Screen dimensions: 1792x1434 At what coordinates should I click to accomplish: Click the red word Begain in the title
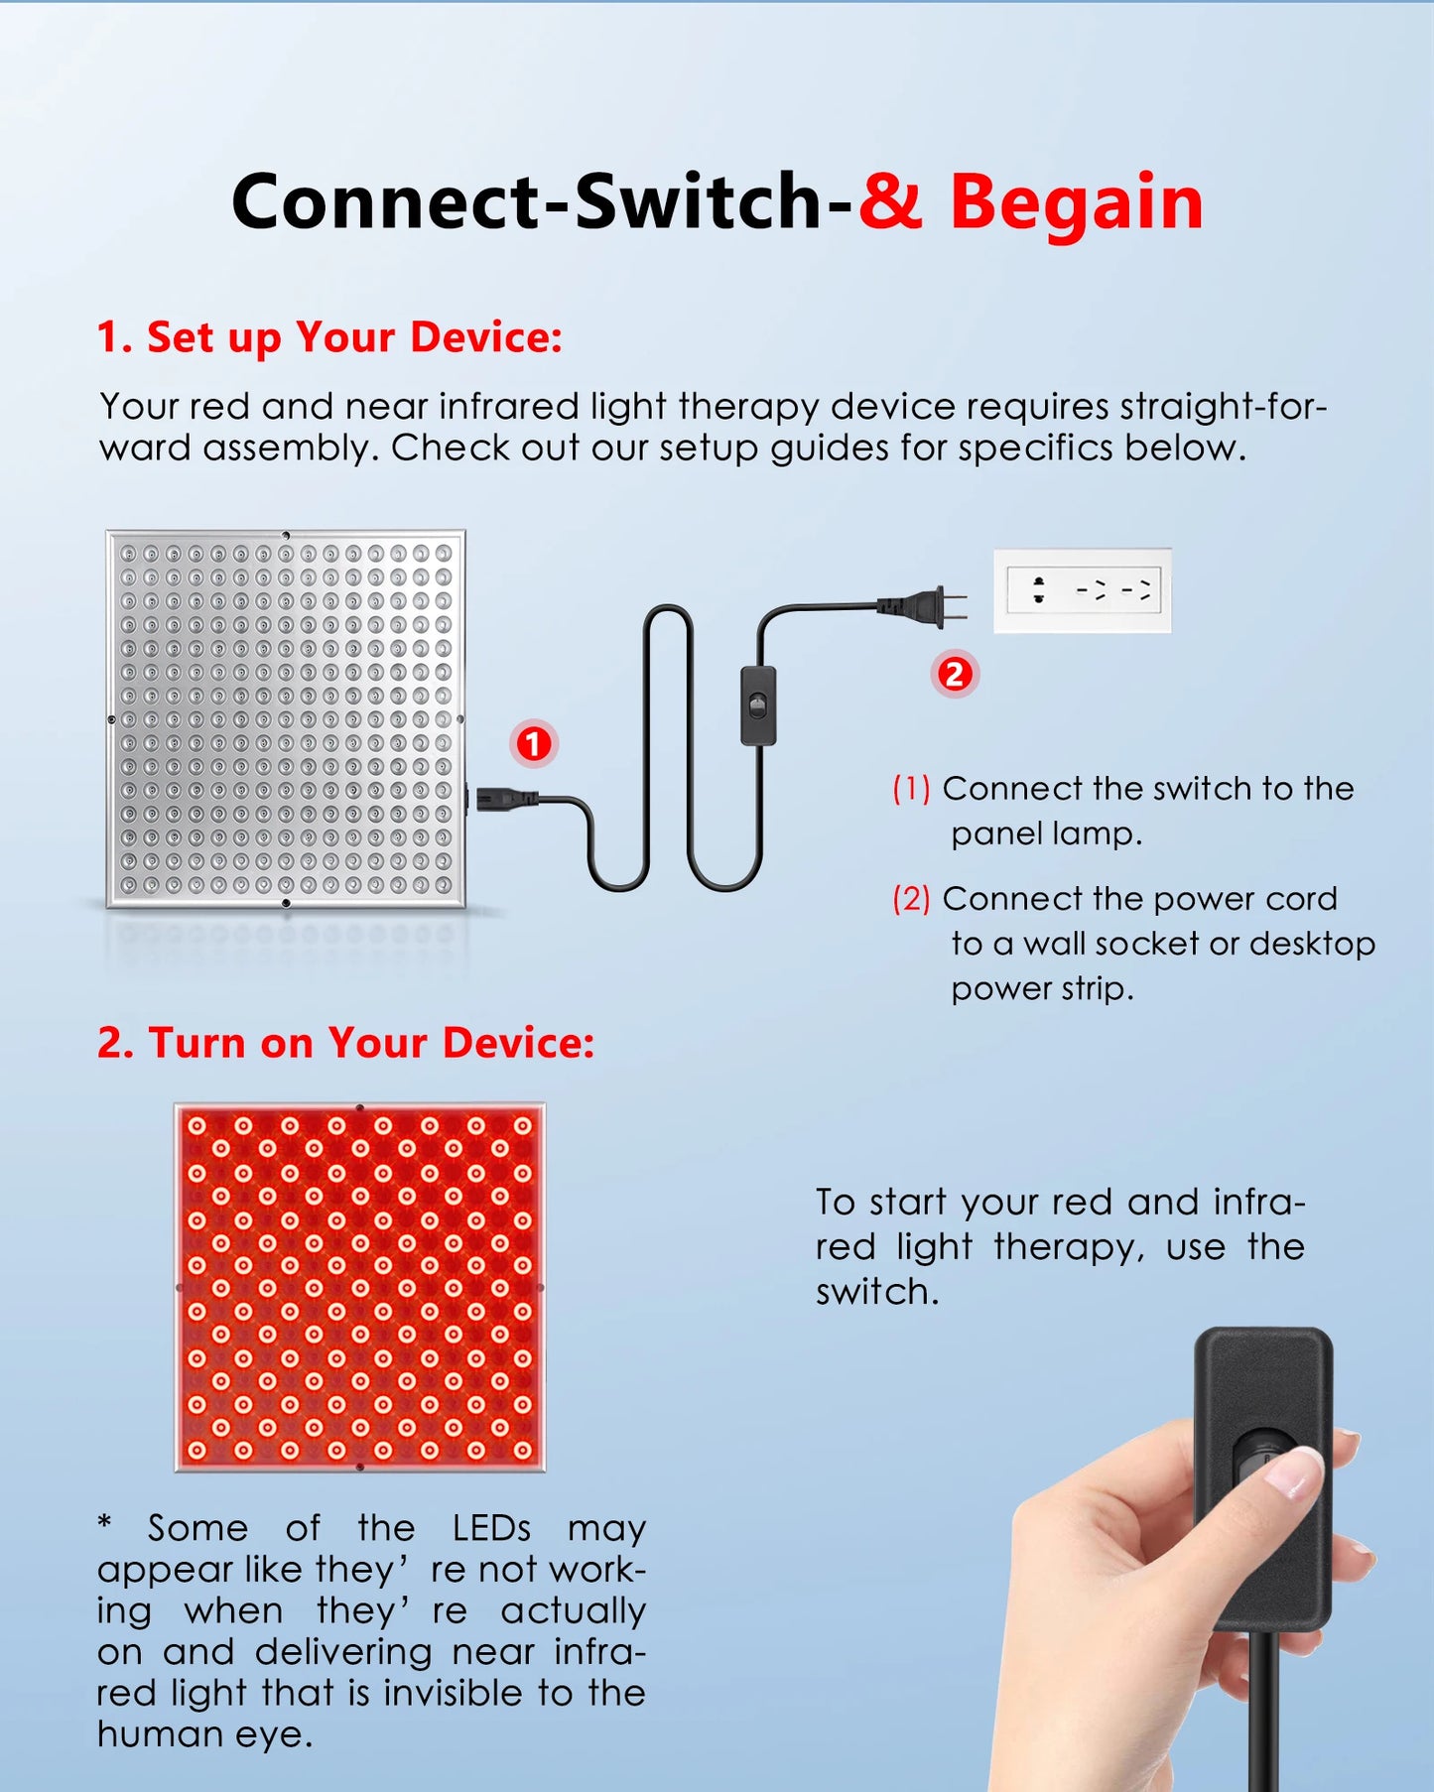pos(1076,202)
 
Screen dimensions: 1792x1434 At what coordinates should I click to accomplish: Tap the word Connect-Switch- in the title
pos(541,202)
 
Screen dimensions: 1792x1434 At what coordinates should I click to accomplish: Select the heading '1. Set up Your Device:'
pos(329,337)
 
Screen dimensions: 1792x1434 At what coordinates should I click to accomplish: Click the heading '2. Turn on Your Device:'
pos(345,1043)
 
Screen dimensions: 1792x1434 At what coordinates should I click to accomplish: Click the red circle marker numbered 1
pos(534,744)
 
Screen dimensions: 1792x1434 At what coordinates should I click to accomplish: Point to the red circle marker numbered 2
pos(955,675)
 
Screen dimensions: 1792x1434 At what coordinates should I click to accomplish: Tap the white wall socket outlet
pos(1083,590)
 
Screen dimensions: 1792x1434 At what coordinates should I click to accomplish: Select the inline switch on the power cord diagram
pos(759,705)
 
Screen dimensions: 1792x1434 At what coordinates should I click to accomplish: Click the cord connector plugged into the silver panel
pos(501,797)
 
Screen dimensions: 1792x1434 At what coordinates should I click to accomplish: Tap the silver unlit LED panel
pos(286,718)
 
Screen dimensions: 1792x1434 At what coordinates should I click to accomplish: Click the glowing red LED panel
pos(360,1287)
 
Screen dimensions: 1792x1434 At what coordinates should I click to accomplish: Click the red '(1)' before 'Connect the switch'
pos(911,789)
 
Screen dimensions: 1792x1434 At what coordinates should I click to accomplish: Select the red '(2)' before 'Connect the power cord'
pos(911,899)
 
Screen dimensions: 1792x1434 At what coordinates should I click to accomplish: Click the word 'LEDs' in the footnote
pos(491,1528)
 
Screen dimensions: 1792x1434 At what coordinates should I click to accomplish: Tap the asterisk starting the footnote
pos(105,1524)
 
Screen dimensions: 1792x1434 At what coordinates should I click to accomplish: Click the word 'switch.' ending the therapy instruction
pos(877,1292)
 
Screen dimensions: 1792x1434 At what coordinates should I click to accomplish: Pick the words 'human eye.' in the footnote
pos(204,1734)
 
